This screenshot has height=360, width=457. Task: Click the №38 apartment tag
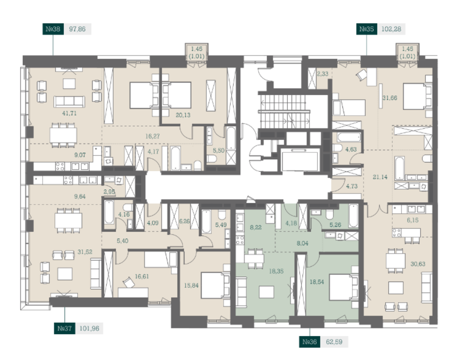[53, 29]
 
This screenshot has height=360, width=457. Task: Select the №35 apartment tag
[366, 29]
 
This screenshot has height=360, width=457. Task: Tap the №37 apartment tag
[65, 328]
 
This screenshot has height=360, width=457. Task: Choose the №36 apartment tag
[310, 342]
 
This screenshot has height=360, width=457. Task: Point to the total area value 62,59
[334, 342]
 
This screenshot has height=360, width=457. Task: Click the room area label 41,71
[69, 113]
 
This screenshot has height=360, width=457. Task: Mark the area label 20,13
[183, 115]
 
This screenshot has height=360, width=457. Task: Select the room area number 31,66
[390, 98]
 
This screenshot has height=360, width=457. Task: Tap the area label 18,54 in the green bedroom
[317, 282]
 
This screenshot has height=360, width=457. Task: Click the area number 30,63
[418, 264]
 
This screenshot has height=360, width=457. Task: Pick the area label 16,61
[142, 276]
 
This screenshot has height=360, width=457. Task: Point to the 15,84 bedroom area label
[191, 286]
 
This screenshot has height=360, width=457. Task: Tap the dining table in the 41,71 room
[63, 135]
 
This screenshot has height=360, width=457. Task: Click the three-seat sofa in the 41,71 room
[69, 102]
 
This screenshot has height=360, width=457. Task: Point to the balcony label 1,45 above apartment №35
[407, 49]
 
